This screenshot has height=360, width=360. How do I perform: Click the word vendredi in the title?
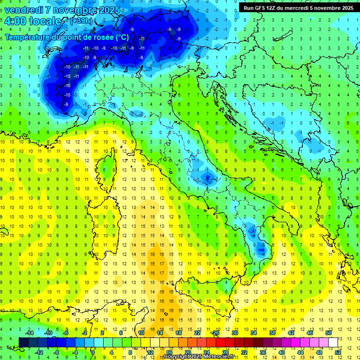tap(24, 10)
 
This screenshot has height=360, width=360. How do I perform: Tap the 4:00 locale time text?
tap(33, 21)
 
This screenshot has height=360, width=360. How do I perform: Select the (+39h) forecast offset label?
tap(81, 22)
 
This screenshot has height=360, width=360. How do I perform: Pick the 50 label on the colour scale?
tap(328, 333)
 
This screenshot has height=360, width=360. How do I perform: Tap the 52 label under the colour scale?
tap(337, 352)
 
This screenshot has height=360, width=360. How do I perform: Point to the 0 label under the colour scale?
tap(93, 352)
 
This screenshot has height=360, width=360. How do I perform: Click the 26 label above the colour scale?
tap(215, 333)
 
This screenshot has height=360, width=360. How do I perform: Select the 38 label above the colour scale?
tap(272, 333)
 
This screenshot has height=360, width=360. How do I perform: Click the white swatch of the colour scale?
tap(333, 342)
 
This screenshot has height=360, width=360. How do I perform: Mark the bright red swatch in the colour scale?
tap(220, 342)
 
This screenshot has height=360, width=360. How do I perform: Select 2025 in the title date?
tap(108, 10)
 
